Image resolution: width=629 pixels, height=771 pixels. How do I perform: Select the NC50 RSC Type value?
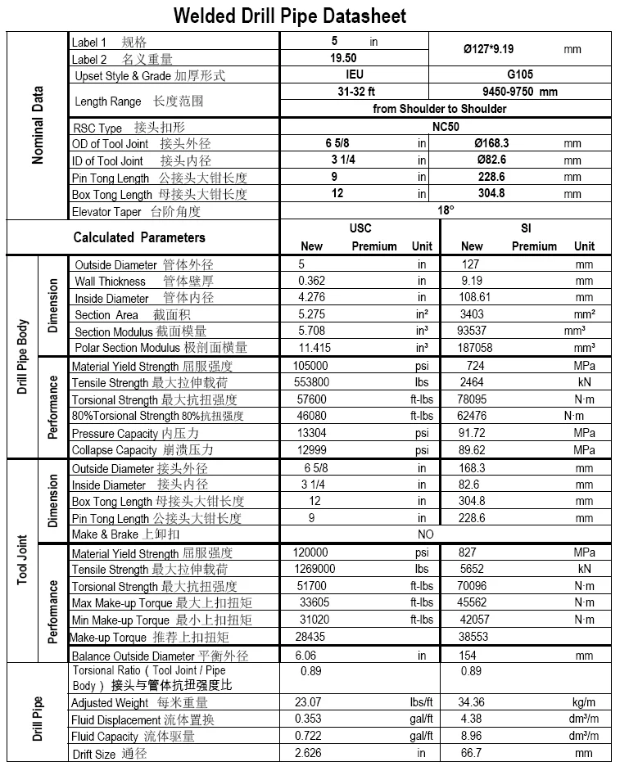[447, 127]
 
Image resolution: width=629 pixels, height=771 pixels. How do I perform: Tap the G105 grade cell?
[519, 74]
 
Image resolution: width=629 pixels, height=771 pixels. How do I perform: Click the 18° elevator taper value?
[446, 210]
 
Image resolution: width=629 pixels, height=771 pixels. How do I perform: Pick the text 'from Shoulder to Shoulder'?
[439, 109]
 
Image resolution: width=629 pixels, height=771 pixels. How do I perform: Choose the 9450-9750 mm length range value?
[519, 92]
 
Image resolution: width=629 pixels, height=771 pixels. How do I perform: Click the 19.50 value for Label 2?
[343, 58]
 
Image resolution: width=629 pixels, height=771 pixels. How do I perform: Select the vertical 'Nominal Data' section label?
[38, 125]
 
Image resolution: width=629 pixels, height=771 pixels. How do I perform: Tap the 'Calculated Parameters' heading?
[139, 237]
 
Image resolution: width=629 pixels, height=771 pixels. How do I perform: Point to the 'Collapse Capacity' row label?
[114, 450]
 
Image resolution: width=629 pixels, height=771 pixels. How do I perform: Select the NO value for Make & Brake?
[426, 534]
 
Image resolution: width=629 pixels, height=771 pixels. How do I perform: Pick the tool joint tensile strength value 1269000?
[314, 569]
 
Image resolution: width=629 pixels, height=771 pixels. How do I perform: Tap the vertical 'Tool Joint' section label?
[24, 560]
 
